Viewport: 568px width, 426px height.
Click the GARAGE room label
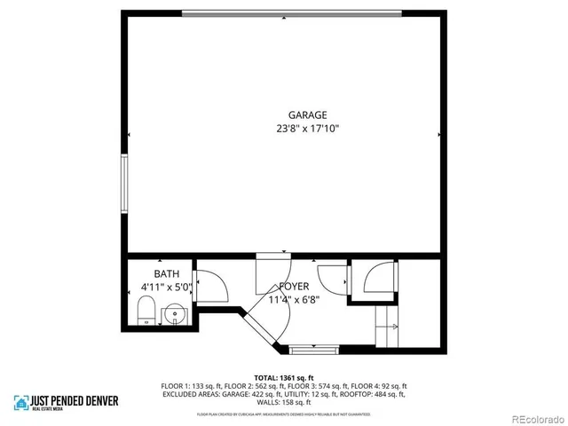pyautogui.click(x=307, y=114)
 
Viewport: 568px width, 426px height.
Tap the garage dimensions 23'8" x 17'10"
pyautogui.click(x=307, y=128)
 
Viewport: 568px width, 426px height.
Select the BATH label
pyautogui.click(x=166, y=273)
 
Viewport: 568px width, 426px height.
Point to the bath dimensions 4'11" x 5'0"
pyautogui.click(x=166, y=287)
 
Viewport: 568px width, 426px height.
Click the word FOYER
pyautogui.click(x=294, y=287)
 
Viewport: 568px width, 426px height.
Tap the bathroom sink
pyautogui.click(x=174, y=313)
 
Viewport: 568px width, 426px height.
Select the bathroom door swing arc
pyautogui.click(x=211, y=285)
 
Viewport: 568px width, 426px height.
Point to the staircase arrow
pyautogui.click(x=387, y=327)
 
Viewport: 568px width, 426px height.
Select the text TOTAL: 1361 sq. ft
pyautogui.click(x=283, y=377)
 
